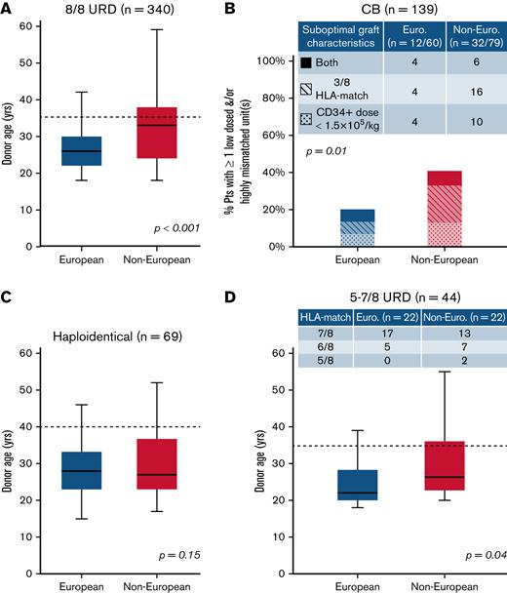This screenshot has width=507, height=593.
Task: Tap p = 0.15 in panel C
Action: tap(211, 555)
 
